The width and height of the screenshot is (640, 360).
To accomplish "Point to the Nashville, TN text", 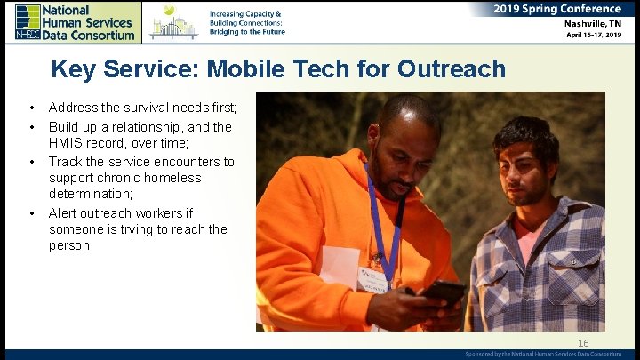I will [596, 24].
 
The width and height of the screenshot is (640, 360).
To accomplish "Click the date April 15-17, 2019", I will [596, 36].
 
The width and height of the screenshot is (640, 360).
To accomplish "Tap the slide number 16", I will [583, 343].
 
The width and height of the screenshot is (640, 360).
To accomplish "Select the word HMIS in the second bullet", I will [66, 142].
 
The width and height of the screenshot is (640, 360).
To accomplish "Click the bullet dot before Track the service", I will [31, 162].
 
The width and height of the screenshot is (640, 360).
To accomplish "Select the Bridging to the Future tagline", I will [248, 31].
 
